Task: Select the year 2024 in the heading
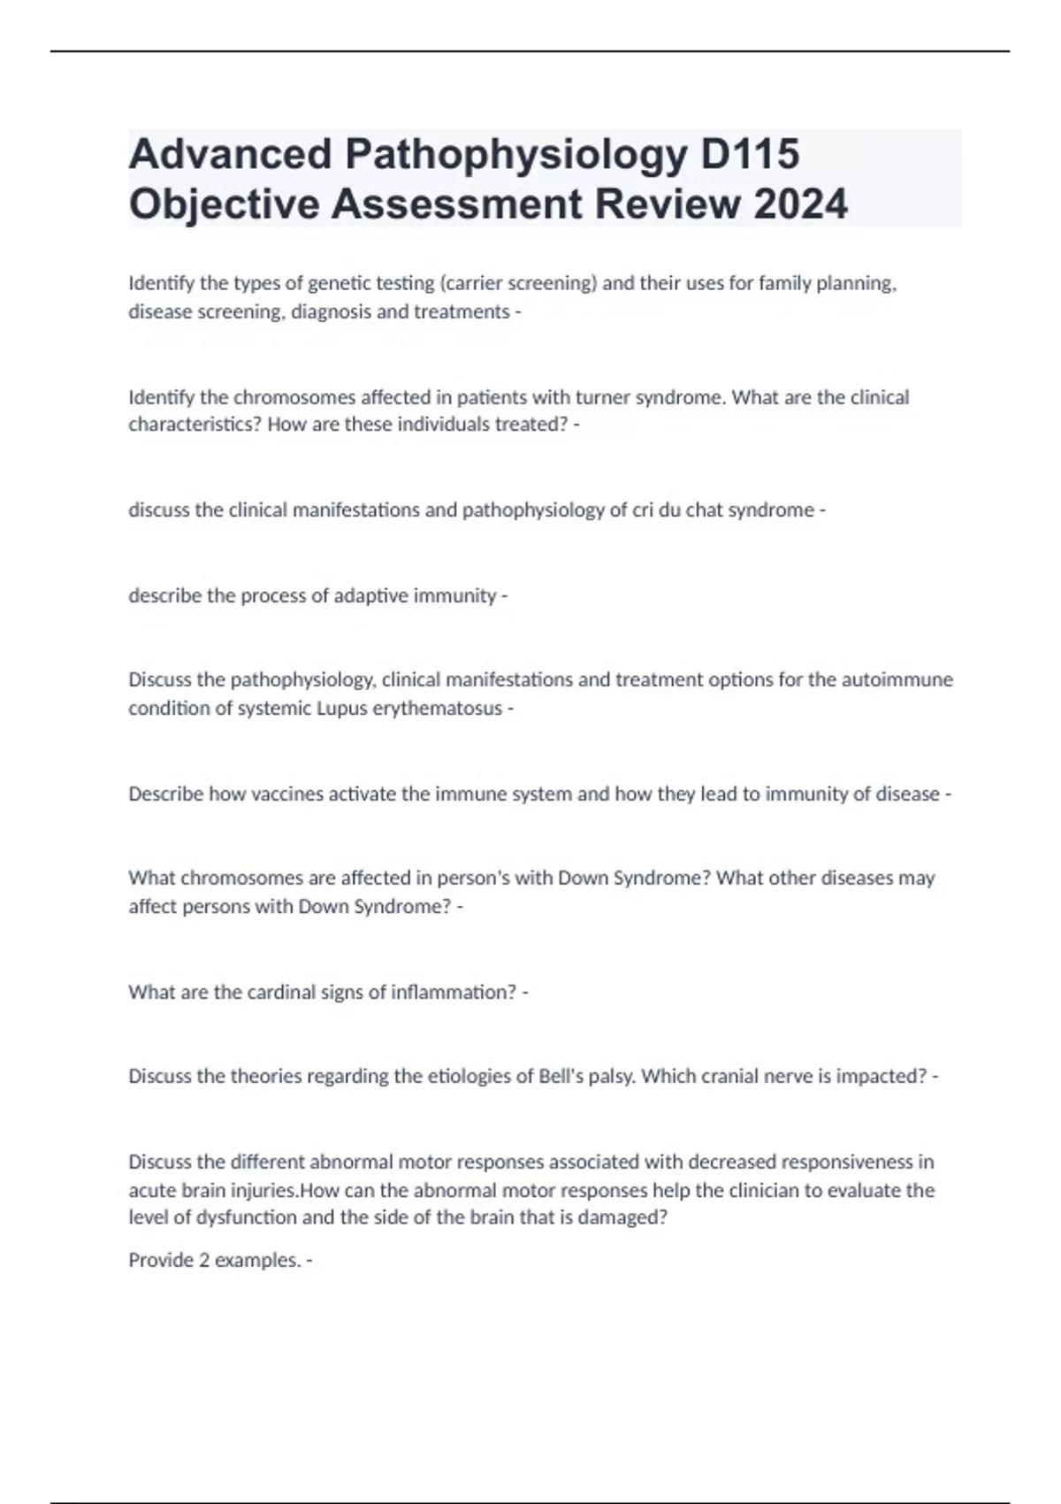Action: (x=800, y=204)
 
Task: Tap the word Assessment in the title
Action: (x=457, y=204)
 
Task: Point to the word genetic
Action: (x=344, y=283)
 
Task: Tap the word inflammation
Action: (x=454, y=992)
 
